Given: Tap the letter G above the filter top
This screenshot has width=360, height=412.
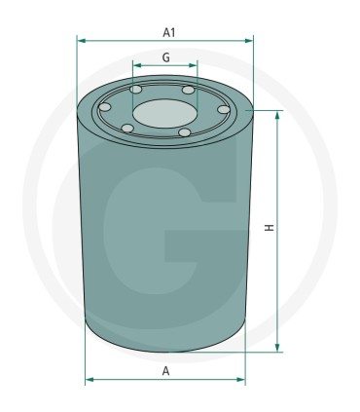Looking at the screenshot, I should point(166,58).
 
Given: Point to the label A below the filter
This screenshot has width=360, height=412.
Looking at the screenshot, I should point(166,371).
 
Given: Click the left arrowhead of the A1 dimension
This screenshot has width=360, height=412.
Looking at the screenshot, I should point(81,41).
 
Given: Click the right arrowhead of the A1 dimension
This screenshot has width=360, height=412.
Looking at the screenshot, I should point(249,41).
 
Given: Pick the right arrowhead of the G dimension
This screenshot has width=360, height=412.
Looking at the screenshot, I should point(195,69).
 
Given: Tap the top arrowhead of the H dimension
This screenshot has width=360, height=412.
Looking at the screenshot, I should point(280,114).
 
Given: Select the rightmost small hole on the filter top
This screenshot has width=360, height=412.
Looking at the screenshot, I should point(223,110).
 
